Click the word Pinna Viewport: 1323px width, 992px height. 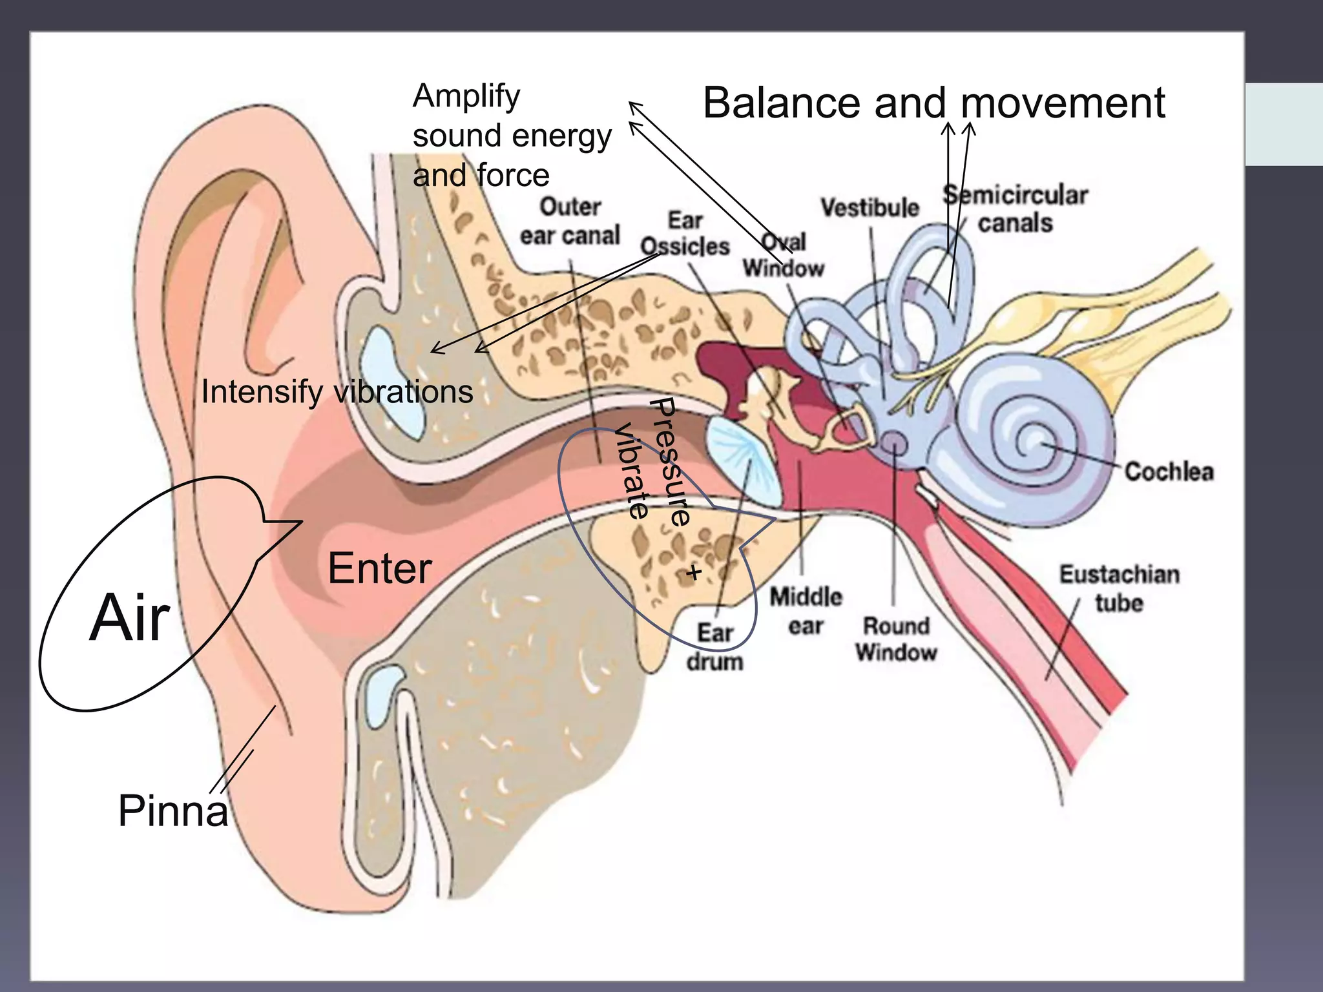pos(173,811)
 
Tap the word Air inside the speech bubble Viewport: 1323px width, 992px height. pos(130,619)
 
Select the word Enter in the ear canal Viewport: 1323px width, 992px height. pos(379,569)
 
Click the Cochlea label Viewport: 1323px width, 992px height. pos(1169,471)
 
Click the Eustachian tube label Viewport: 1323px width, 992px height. pos(1119,588)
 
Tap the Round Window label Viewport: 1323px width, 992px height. pos(896,639)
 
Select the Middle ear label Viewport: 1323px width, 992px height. pos(806,611)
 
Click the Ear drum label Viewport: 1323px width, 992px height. pos(714,647)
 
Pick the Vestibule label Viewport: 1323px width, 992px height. pos(870,208)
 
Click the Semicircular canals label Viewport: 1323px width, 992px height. pos(1016,209)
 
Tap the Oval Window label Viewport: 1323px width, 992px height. pos(784,255)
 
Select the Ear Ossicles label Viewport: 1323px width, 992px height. pos(685,234)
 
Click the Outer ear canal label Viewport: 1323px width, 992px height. pos(570,222)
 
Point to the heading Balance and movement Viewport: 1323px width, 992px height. pos(933,103)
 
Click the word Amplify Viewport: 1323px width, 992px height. pos(466,97)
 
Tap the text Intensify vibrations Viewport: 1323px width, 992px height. pos(337,392)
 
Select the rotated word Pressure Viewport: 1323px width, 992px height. pos(670,462)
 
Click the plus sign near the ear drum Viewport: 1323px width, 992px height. pos(694,572)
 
